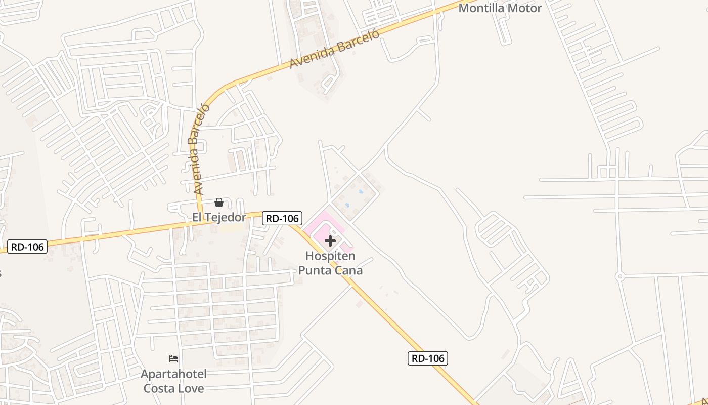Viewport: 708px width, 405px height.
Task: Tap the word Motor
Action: pyautogui.click(x=525, y=8)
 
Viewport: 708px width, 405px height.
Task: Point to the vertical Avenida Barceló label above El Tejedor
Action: pyautogui.click(x=198, y=150)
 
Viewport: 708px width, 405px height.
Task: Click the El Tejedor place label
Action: pyautogui.click(x=219, y=217)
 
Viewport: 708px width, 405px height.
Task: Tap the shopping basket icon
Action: pyautogui.click(x=219, y=202)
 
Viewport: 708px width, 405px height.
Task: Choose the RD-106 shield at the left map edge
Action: pyautogui.click(x=28, y=247)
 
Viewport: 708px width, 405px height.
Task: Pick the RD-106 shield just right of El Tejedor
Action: pyautogui.click(x=282, y=218)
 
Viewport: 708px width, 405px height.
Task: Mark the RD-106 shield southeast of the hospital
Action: pyautogui.click(x=428, y=358)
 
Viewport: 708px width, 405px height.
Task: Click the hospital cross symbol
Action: pyautogui.click(x=330, y=241)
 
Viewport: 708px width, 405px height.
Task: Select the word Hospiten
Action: pyautogui.click(x=330, y=257)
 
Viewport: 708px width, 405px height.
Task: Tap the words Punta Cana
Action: pyautogui.click(x=330, y=270)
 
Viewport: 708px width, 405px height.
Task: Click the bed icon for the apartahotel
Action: pyautogui.click(x=173, y=359)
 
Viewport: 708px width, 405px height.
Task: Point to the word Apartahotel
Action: pyautogui.click(x=173, y=375)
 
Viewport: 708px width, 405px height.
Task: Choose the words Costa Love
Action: pyautogui.click(x=173, y=388)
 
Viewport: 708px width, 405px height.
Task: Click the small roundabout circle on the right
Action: pyautogui.click(x=619, y=276)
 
